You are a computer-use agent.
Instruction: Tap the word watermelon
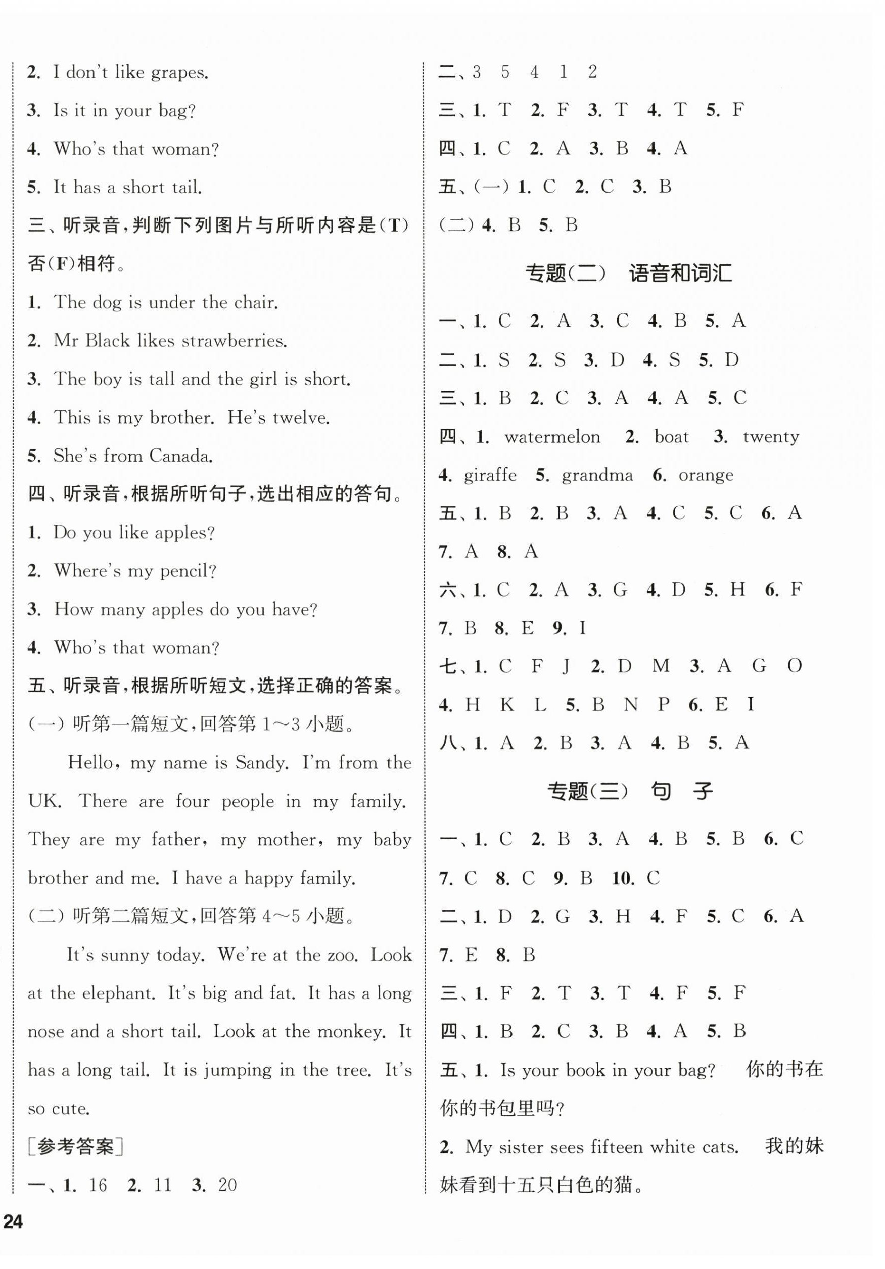pyautogui.click(x=552, y=437)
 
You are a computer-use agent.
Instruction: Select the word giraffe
pyautogui.click(x=490, y=475)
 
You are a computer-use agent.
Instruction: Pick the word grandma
pyautogui.click(x=597, y=475)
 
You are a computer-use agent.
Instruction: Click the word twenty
pyautogui.click(x=771, y=437)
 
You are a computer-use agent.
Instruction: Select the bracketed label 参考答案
pyautogui.click(x=76, y=1147)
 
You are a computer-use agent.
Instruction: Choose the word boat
pyautogui.click(x=671, y=437)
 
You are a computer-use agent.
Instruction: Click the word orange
pyautogui.click(x=706, y=475)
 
